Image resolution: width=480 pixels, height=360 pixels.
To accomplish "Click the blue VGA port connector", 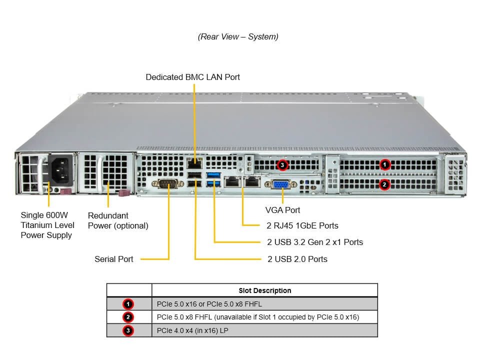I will (280, 185).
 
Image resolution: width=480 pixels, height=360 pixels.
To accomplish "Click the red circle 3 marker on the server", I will (282, 164).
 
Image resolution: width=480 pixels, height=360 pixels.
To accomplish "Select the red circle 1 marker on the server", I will (384, 164).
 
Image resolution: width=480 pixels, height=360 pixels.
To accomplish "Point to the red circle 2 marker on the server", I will (384, 184).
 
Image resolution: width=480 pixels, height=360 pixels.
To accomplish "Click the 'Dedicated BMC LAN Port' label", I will (192, 77).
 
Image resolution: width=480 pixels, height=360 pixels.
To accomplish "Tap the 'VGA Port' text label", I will (282, 210).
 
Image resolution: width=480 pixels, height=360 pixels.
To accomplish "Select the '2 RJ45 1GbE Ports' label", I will (302, 225).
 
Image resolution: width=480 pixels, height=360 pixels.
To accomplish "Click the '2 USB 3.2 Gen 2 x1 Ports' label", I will (315, 242).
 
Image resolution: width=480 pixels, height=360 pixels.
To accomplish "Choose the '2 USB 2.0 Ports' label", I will (297, 259).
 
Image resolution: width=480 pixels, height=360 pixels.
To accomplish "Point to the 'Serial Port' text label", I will (114, 259).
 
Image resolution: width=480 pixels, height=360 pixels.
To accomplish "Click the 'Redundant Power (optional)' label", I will (118, 220).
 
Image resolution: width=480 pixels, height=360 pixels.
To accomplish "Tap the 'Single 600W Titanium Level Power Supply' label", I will (46, 225).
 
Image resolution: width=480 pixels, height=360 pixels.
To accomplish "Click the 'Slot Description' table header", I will (264, 290).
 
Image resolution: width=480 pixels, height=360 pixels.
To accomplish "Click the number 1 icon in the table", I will (128, 304).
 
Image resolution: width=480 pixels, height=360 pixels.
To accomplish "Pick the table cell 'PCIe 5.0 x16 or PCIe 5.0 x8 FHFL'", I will (209, 304).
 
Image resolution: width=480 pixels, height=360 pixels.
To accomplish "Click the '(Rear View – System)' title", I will (238, 36).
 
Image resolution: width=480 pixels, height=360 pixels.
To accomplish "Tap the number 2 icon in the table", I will (128, 317).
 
